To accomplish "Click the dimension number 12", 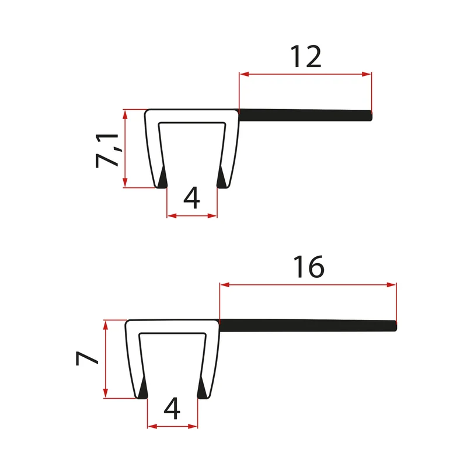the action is pyautogui.click(x=306, y=57).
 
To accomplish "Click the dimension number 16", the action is pyautogui.click(x=309, y=267).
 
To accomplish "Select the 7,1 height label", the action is pyautogui.click(x=107, y=151).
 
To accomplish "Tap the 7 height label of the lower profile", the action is pyautogui.click(x=87, y=358).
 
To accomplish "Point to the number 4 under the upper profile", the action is pyautogui.click(x=191, y=197).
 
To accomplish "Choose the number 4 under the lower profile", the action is pyautogui.click(x=172, y=408).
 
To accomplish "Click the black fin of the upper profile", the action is pyautogui.click(x=305, y=115).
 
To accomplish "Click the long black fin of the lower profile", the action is pyautogui.click(x=308, y=325).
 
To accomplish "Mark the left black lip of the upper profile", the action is pyautogui.click(x=162, y=178).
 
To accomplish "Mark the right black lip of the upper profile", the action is pyautogui.click(x=222, y=178).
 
